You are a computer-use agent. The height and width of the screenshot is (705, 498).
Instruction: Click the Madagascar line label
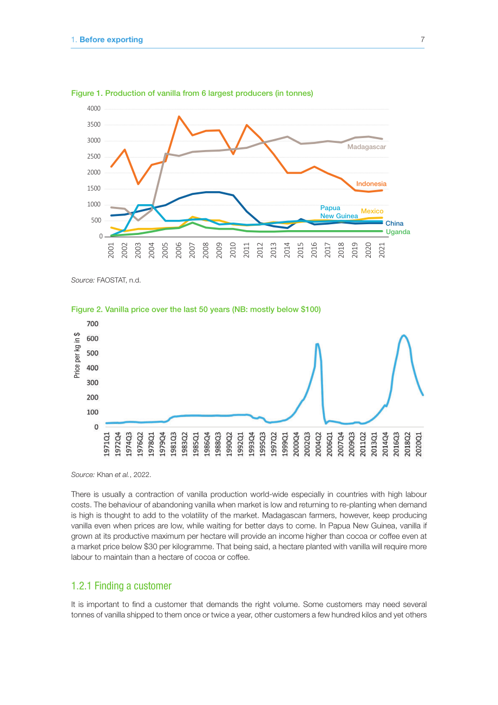click(366, 147)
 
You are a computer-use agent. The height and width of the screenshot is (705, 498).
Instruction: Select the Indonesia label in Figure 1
click(371, 184)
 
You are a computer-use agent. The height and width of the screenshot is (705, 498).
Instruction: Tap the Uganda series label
click(398, 232)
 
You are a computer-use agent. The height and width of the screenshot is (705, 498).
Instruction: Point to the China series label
click(394, 223)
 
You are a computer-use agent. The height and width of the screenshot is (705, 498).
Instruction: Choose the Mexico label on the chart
click(372, 211)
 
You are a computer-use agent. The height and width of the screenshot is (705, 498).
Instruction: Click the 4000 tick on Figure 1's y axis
click(94, 109)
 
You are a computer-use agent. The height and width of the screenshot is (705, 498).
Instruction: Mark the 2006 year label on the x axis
click(179, 250)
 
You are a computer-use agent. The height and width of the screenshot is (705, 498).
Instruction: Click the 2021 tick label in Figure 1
click(382, 250)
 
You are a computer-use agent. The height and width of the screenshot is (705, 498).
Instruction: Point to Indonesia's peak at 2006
click(179, 116)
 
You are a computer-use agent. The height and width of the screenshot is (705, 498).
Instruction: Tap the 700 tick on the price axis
click(93, 324)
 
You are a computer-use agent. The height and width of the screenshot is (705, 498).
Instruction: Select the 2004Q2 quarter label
click(318, 444)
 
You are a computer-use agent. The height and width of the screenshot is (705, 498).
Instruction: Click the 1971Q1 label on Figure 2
click(107, 444)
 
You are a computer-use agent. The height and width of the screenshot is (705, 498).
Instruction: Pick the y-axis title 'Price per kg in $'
click(77, 355)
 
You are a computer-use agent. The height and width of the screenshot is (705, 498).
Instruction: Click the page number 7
click(422, 40)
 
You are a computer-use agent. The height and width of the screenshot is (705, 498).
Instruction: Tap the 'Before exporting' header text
click(111, 40)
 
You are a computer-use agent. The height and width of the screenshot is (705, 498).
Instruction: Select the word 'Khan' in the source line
click(105, 475)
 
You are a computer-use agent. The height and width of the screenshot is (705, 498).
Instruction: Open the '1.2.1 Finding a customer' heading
click(121, 586)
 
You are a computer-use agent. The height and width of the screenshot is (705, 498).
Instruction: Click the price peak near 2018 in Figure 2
click(404, 336)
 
